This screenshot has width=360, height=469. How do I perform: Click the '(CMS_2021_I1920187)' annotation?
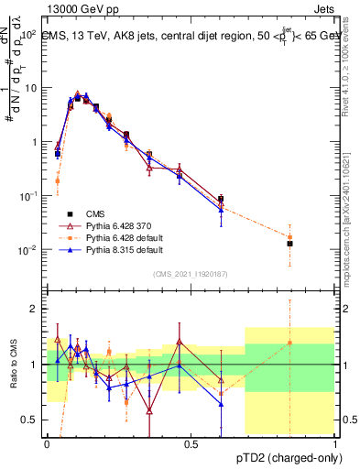click(x=191, y=274)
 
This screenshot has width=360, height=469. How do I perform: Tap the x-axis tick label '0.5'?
click(x=191, y=442)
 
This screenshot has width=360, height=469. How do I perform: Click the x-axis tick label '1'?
click(x=335, y=442)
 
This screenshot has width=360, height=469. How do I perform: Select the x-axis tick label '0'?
click(x=48, y=442)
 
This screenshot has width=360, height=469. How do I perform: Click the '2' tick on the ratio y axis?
click(x=37, y=310)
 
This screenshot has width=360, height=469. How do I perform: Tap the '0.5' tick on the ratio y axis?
click(x=32, y=420)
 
